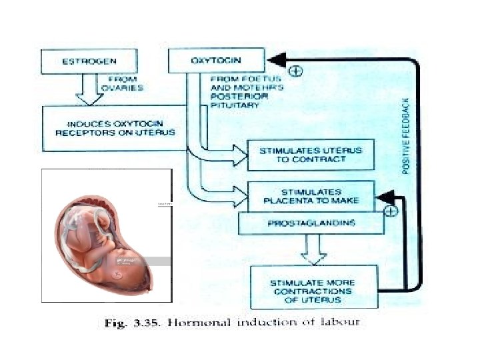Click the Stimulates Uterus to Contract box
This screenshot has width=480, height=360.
pyautogui.click(x=310, y=155)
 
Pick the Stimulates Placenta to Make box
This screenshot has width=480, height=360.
pyautogui.click(x=311, y=196)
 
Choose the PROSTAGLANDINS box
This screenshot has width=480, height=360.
pyautogui.click(x=311, y=223)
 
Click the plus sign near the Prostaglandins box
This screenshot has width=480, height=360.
pyautogui.click(x=392, y=211)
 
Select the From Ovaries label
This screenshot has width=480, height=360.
pyautogui.click(x=121, y=83)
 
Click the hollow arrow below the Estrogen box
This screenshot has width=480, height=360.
pyautogui.click(x=89, y=90)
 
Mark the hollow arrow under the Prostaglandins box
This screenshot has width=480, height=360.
pyautogui.click(x=312, y=251)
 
